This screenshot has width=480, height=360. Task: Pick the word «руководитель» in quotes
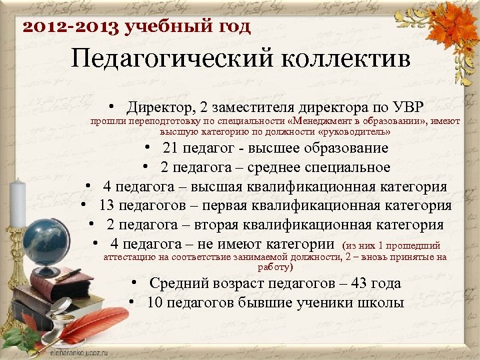[360, 132]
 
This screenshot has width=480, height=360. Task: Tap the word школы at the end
[380, 303]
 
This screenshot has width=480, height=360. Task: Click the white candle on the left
[18, 200]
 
